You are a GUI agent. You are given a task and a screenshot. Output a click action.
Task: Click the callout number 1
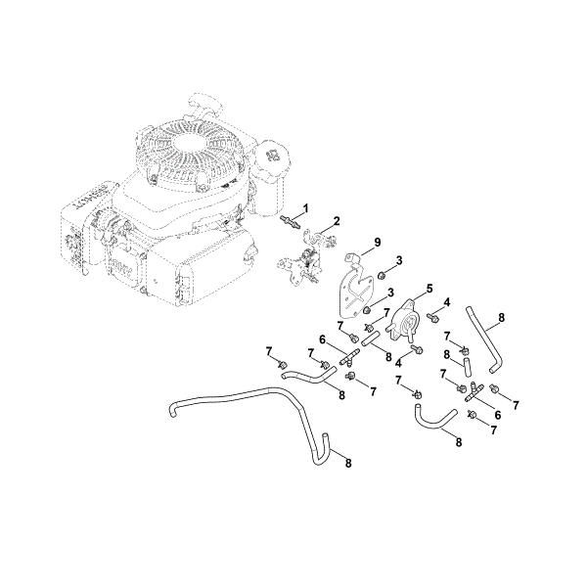[x=304, y=207]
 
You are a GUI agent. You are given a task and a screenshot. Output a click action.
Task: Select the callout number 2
[x=336, y=222]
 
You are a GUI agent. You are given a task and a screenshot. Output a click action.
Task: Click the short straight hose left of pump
[x=372, y=340]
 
